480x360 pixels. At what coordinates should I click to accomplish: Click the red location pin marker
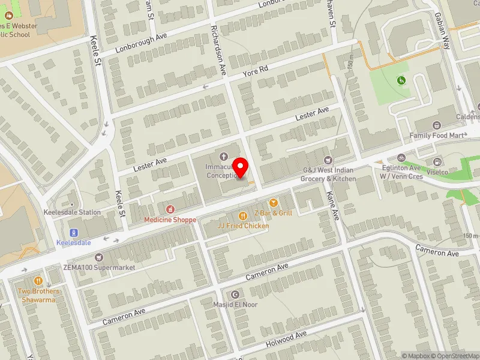[241, 167]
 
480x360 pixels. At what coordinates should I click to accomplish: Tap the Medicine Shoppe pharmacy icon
[170, 209]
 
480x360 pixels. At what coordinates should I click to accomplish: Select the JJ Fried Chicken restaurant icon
[243, 216]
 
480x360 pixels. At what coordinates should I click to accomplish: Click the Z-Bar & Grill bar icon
[274, 203]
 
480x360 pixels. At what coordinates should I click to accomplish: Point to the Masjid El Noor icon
[235, 295]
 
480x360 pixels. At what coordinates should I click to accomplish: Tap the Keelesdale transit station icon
[74, 233]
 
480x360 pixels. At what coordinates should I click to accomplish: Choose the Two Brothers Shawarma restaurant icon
[39, 281]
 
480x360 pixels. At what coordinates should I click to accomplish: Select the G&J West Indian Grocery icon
[328, 160]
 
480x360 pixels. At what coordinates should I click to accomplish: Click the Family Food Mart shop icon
[436, 125]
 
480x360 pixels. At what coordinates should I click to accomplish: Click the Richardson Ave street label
[218, 49]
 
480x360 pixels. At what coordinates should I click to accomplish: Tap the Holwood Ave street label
[286, 340]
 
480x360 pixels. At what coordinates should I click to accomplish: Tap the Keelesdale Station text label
[72, 212]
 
